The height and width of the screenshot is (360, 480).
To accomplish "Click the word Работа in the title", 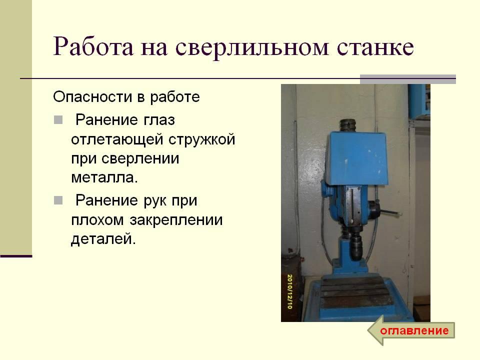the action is pyautogui.click(x=93, y=47).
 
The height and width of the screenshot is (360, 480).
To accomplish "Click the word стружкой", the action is pyautogui.click(x=201, y=139).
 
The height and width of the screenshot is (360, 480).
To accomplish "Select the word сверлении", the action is pyautogui.click(x=140, y=159).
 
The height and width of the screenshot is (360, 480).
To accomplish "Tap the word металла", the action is pyautogui.click(x=104, y=177).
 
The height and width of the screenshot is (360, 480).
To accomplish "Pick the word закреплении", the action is pyautogui.click(x=176, y=220).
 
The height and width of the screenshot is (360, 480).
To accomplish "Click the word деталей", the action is pyautogui.click(x=103, y=239).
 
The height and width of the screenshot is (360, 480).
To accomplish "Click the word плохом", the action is pyautogui.click(x=97, y=220).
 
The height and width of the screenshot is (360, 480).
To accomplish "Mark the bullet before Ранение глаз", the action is pyautogui.click(x=58, y=119).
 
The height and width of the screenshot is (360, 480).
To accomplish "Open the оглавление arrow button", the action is pyautogui.click(x=411, y=330).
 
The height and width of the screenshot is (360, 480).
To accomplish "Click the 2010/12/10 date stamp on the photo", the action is pyautogui.click(x=289, y=291).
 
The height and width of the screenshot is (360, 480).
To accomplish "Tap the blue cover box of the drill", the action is pyautogui.click(x=356, y=158).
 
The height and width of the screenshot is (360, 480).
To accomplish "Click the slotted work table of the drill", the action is pyautogui.click(x=356, y=294).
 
